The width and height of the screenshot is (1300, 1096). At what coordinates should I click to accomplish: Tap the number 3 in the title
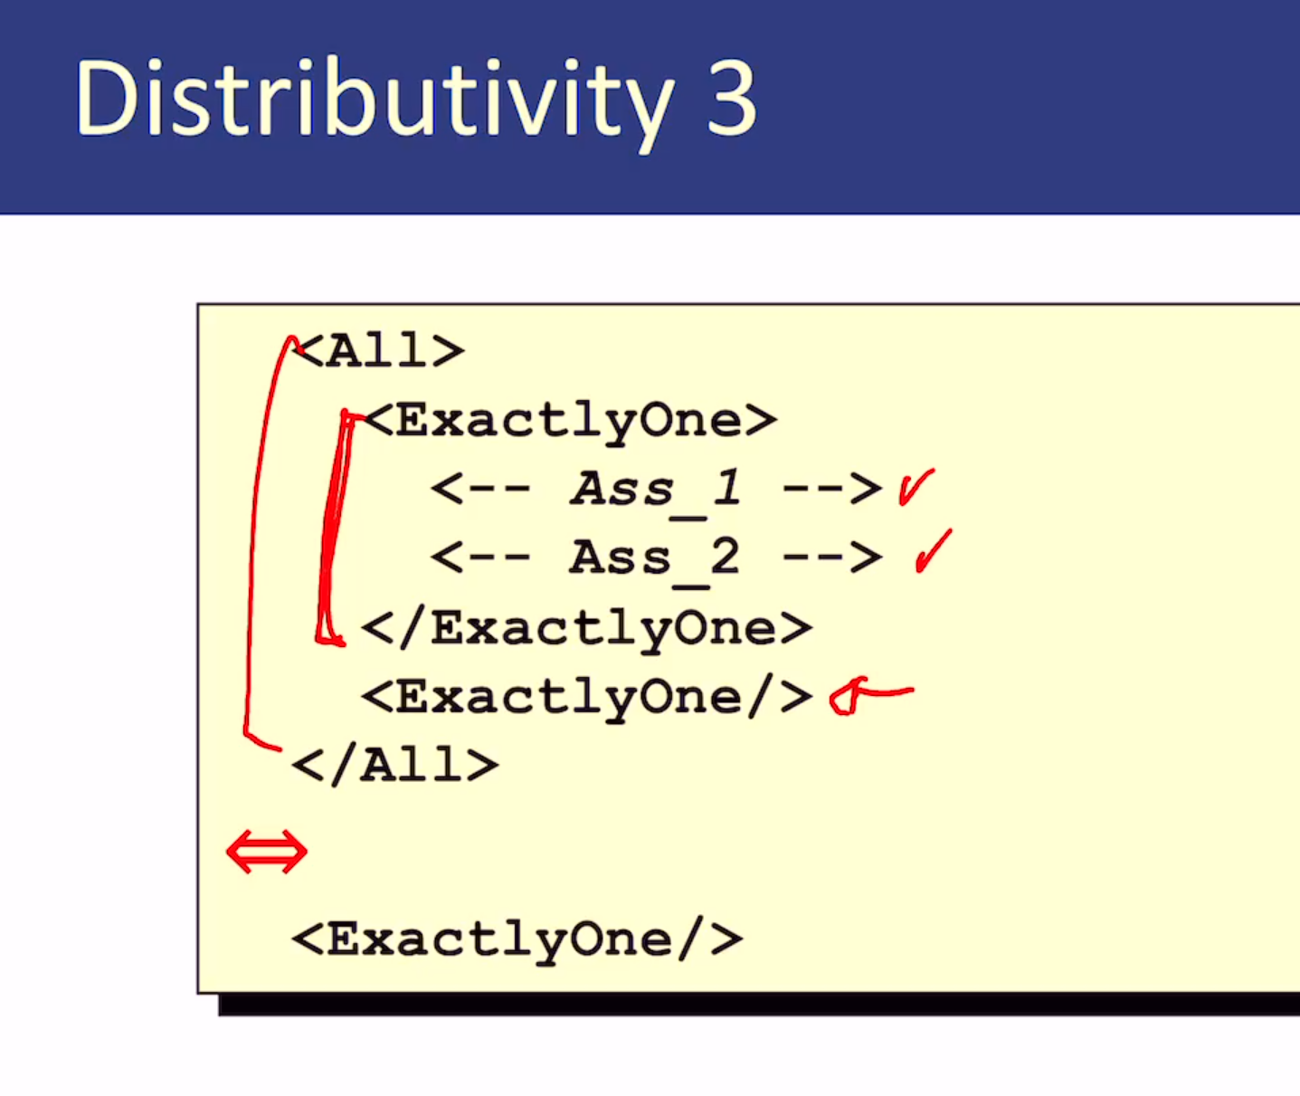pos(732,98)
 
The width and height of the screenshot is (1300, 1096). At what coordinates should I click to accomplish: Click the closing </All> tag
pos(395,765)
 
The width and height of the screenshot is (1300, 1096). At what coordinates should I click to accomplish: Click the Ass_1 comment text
pos(656,490)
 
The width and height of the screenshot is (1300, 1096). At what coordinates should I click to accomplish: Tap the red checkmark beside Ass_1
pos(916,487)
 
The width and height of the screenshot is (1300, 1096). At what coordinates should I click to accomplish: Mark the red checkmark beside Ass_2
pos(933,551)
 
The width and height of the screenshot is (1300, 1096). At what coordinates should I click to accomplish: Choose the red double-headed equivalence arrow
pos(267,852)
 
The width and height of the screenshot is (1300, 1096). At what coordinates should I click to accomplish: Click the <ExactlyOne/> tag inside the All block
pos(586,697)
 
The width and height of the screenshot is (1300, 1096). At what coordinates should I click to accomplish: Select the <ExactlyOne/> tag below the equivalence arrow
pos(517,939)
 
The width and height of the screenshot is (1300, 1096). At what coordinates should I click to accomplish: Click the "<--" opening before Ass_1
pos(480,489)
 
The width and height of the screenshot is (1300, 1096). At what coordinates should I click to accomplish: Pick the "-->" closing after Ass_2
pos(832,557)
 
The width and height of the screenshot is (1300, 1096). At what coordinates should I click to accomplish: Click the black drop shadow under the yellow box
pos(758,1004)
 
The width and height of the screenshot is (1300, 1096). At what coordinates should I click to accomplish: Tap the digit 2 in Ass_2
pos(725,556)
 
